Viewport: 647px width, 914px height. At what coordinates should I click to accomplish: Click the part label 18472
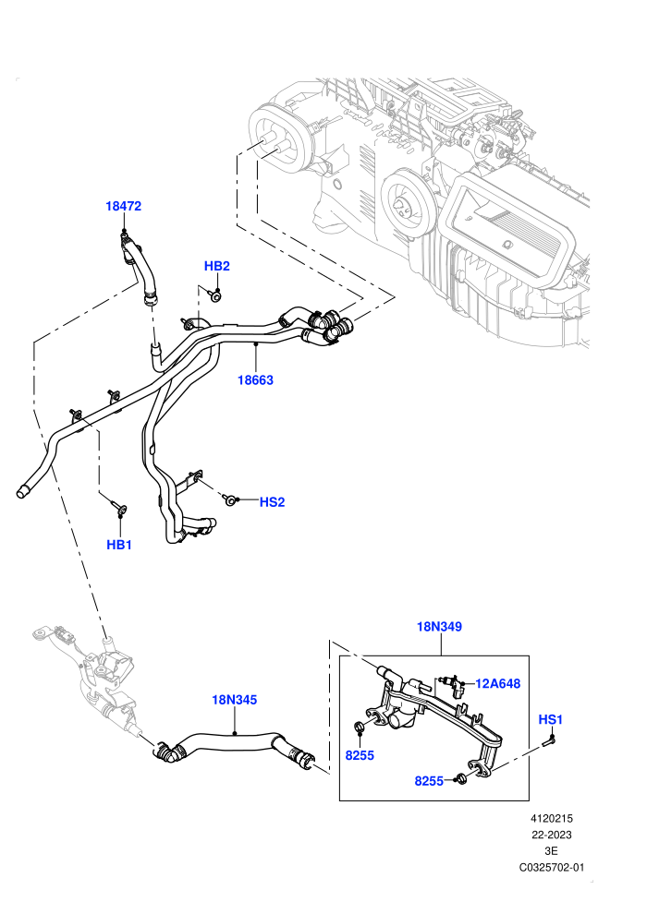tap(123, 206)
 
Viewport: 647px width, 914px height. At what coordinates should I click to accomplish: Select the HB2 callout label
tap(216, 266)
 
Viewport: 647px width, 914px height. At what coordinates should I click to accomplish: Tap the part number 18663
tap(255, 380)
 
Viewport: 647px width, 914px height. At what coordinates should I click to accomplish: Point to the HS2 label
tap(272, 502)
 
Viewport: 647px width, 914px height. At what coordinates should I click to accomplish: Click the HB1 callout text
tap(119, 545)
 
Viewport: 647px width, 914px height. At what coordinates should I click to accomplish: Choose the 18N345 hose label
tap(234, 700)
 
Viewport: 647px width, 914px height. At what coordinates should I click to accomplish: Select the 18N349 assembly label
tap(439, 627)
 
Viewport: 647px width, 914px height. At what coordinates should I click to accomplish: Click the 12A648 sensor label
tap(497, 683)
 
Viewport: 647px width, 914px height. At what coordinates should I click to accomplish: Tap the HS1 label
tap(550, 720)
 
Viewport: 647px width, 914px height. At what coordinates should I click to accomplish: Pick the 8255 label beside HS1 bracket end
tap(429, 781)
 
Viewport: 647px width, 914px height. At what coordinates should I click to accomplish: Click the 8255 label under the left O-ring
tap(360, 755)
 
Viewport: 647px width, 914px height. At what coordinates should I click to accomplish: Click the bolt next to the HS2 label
tap(230, 499)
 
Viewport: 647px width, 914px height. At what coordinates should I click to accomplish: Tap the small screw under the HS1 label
tap(548, 741)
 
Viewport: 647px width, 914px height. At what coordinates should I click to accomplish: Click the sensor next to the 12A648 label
tap(455, 686)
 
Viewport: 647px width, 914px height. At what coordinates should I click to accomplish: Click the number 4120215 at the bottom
tap(551, 818)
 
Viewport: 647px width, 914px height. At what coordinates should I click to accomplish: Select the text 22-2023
tap(551, 835)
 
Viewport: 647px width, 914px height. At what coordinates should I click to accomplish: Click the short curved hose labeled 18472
tap(139, 268)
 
